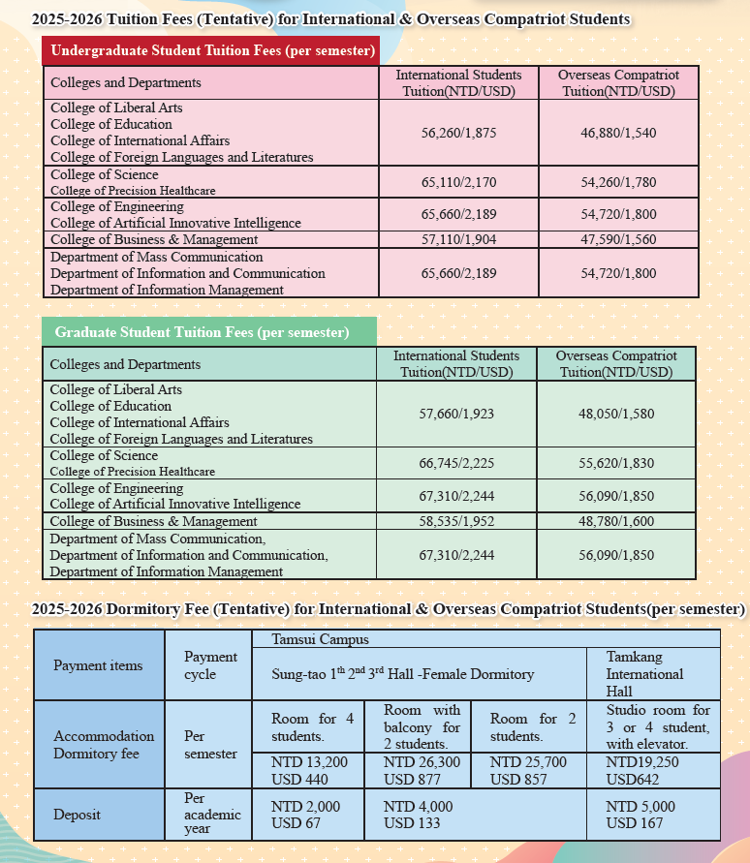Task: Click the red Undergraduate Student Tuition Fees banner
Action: point(210,50)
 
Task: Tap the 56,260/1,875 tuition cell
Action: point(458,133)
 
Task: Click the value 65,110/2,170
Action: point(458,181)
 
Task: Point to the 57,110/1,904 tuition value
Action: point(458,239)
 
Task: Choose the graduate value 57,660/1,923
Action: point(456,414)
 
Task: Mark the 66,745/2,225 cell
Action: point(456,463)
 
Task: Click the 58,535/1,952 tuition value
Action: point(456,521)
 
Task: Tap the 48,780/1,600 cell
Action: point(616,521)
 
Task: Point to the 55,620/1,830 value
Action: point(616,463)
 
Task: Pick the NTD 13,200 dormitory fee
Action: point(309,762)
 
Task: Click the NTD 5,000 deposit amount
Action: point(641,807)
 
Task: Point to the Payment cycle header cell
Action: point(210,665)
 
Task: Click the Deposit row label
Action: point(77,815)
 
